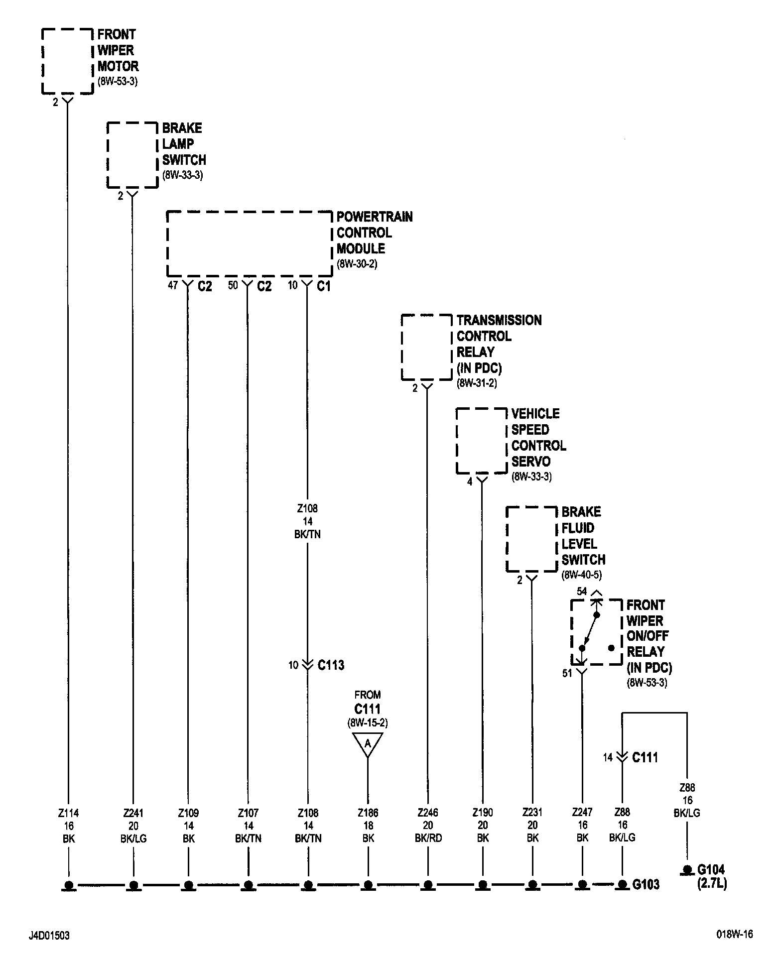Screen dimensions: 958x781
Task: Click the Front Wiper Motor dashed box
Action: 67,61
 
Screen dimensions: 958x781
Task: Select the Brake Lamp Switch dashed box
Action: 132,155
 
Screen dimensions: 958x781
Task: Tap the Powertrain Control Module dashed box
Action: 249,244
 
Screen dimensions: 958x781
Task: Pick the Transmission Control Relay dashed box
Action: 426,347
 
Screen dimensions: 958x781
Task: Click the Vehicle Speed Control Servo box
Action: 482,441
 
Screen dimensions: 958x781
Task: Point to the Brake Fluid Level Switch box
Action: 531,539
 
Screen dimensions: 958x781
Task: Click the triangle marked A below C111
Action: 368,744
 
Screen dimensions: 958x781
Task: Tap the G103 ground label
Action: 646,884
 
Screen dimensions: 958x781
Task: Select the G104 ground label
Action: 711,870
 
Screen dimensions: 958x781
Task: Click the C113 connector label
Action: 331,665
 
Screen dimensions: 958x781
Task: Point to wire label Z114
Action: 69,813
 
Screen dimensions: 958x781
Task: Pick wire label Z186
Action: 368,813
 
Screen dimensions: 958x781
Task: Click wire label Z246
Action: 428,813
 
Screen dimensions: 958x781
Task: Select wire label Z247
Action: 582,812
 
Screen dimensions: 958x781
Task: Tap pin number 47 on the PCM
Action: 172,286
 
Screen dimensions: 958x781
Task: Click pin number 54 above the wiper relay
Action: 582,592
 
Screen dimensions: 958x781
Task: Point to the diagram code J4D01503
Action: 49,936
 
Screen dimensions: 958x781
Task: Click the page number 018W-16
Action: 735,935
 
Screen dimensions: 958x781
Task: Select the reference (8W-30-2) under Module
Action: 357,264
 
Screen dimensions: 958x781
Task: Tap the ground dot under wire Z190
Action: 482,884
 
